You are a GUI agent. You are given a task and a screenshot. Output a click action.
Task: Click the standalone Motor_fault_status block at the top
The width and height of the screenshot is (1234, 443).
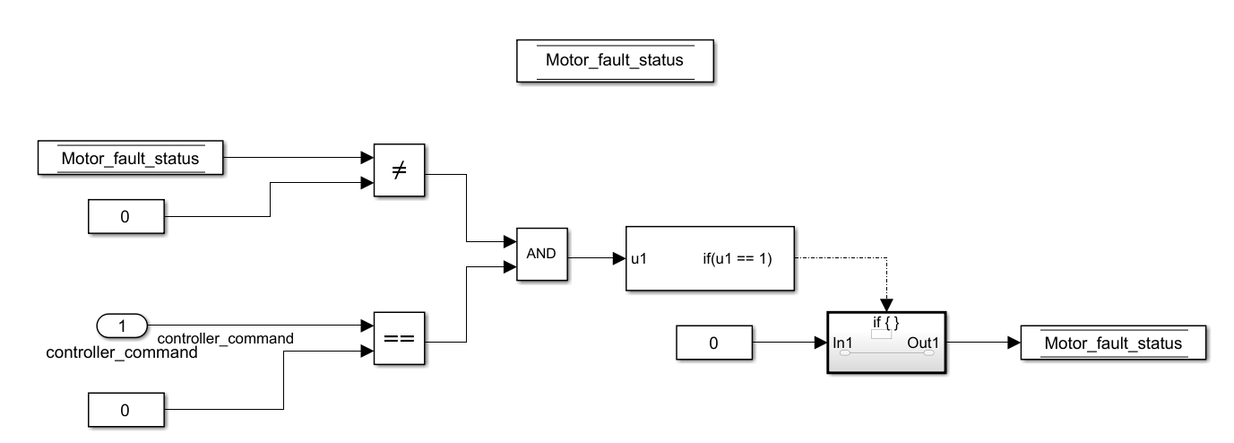[615, 62]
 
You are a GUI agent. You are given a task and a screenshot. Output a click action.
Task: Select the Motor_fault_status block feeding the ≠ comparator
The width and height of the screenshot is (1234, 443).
[130, 159]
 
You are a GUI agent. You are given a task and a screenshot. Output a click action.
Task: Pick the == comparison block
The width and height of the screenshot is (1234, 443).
[398, 337]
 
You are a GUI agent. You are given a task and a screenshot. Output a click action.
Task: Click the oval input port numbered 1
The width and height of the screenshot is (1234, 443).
[123, 325]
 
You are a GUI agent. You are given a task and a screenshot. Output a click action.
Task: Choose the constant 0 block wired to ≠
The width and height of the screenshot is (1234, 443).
[125, 217]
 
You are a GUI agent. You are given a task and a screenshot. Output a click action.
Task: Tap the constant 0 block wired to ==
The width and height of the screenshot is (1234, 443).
[125, 410]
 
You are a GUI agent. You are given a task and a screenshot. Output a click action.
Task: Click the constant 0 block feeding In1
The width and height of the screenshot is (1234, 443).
[713, 343]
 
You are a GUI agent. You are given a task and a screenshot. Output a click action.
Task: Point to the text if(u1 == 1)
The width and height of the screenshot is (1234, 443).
[738, 259]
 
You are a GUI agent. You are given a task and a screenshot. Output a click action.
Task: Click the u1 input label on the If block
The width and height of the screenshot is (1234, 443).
[639, 259]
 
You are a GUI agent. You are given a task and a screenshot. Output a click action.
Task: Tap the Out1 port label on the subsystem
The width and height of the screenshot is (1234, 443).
[924, 343]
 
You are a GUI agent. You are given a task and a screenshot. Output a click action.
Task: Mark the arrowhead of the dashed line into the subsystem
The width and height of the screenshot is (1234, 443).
[885, 306]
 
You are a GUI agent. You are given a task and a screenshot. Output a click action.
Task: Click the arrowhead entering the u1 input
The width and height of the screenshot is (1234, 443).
[617, 259]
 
